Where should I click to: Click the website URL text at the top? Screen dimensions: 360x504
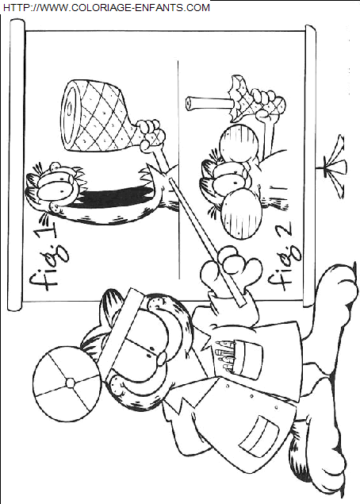click(x=106, y=7)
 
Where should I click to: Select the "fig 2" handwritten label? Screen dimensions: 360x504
click(x=284, y=256)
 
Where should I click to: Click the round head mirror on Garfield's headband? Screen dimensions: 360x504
click(x=67, y=383)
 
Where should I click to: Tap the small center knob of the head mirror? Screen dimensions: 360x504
click(x=70, y=383)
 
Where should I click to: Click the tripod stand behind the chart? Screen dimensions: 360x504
click(x=333, y=167)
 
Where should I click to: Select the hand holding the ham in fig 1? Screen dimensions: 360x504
click(x=151, y=134)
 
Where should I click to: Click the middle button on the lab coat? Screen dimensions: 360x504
click(x=252, y=396)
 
